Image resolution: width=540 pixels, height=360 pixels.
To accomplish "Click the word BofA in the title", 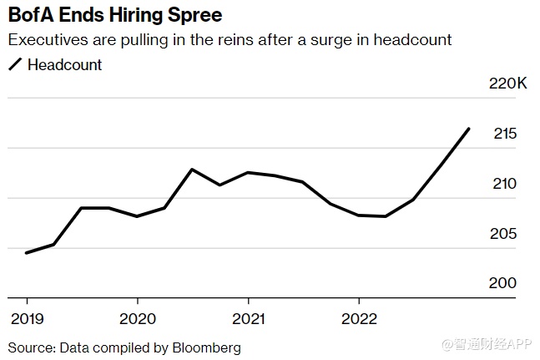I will (33, 15).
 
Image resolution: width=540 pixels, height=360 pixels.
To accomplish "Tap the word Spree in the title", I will (194, 15).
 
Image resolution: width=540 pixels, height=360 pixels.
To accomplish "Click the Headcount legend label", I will (64, 64).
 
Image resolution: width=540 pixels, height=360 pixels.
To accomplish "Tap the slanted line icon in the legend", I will (15, 64).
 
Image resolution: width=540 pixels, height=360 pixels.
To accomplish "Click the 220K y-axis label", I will (507, 84).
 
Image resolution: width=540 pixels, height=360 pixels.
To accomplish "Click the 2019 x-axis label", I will (26, 319).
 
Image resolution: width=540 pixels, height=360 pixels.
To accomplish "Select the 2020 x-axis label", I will (137, 319).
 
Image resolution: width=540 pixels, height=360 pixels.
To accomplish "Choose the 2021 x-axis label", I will (248, 319).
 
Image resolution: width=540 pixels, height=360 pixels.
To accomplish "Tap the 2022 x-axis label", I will (359, 319).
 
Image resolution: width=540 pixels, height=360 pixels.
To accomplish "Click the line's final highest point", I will (469, 129).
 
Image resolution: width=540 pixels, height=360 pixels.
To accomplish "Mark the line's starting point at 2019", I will (27, 252).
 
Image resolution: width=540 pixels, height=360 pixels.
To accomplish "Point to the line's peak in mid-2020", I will (192, 170).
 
